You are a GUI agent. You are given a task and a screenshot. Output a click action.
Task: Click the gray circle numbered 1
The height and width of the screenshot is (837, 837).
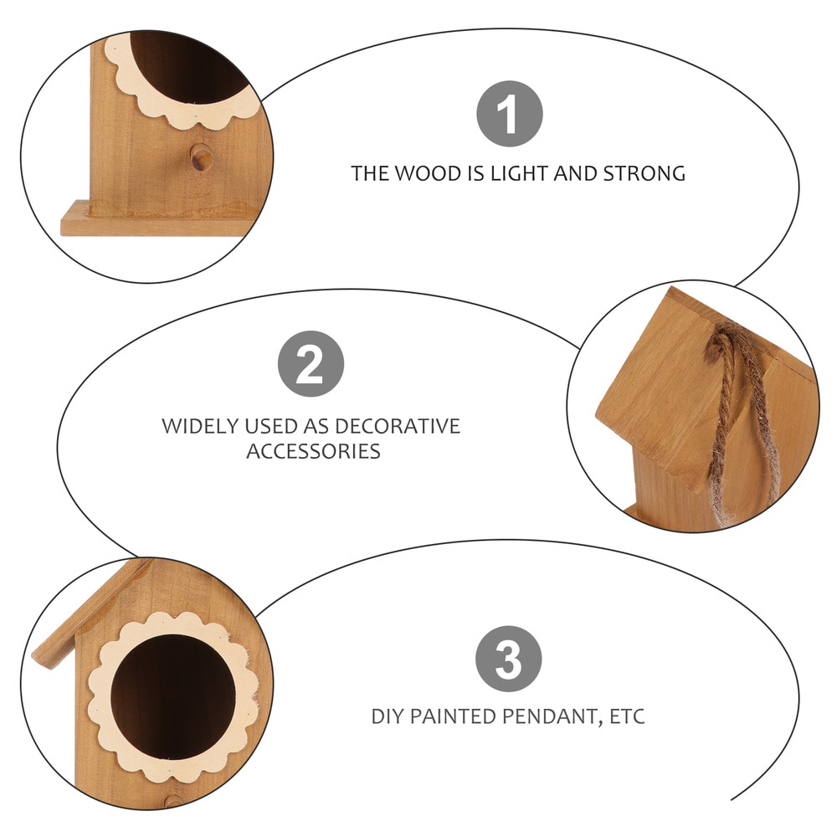point(510,114)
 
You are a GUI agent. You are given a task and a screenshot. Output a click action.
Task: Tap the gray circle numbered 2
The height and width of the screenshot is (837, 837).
point(311,364)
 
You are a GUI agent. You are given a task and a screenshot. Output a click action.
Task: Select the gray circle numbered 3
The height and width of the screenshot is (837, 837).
point(509,658)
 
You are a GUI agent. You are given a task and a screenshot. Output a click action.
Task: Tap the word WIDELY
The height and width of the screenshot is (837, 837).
point(198,426)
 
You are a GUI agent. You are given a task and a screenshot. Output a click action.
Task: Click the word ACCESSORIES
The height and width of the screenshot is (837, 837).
point(313,452)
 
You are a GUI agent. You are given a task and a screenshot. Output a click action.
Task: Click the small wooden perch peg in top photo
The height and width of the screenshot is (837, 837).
point(201,156)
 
